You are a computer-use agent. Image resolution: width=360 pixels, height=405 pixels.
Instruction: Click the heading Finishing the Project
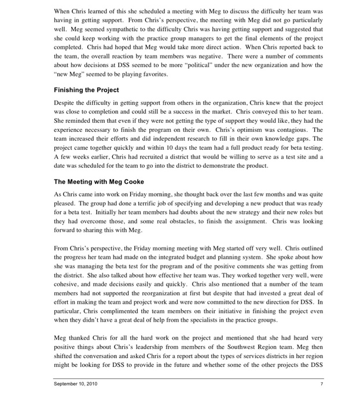click(86, 90)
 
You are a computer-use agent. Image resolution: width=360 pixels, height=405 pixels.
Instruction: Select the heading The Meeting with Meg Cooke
click(99, 182)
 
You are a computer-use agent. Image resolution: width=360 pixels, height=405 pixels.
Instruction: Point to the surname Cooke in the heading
click(133, 182)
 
